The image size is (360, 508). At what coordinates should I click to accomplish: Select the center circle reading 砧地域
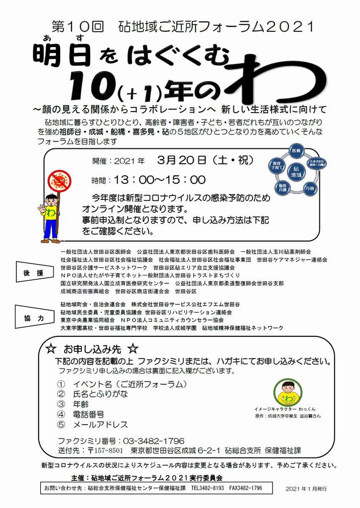pos(296,172)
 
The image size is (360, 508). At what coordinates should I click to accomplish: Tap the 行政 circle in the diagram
pos(310,189)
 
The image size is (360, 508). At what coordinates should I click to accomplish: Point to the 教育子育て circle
pos(277,166)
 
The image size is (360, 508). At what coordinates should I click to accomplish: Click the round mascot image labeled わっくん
pos(288,392)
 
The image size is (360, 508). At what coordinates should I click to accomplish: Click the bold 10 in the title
pos(88,87)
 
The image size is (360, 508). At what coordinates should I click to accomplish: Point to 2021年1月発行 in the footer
pos(306,489)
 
